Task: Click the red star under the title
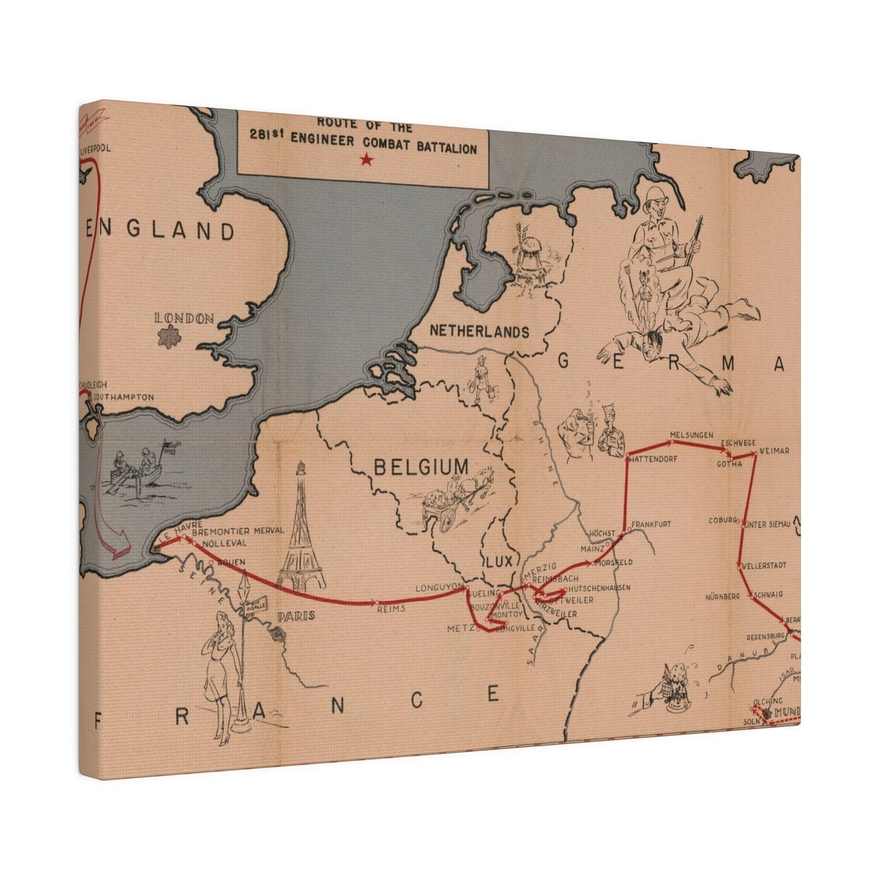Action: click(366, 160)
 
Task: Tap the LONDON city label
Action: click(184, 318)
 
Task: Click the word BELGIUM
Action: click(421, 468)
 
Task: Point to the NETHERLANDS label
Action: click(479, 332)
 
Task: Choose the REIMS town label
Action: click(391, 608)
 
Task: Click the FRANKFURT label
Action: click(651, 524)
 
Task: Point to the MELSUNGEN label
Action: click(691, 435)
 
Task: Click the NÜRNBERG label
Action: click(722, 596)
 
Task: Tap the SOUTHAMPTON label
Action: click(124, 397)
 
